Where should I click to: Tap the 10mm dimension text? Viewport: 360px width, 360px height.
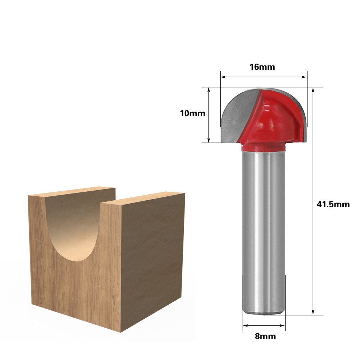click(x=192, y=114)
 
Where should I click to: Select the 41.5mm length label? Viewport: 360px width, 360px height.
click(x=333, y=204)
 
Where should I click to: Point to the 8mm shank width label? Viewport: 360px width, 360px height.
click(x=265, y=337)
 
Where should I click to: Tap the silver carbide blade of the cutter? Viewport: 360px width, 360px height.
click(x=237, y=115)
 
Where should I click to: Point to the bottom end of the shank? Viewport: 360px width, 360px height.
click(x=264, y=311)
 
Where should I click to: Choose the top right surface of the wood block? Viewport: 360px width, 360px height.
click(x=144, y=198)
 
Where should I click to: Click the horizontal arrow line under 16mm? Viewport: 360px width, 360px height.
click(x=264, y=77)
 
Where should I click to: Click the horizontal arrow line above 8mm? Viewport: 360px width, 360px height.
click(x=264, y=326)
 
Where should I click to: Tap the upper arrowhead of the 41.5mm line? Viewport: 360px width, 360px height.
click(x=314, y=90)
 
